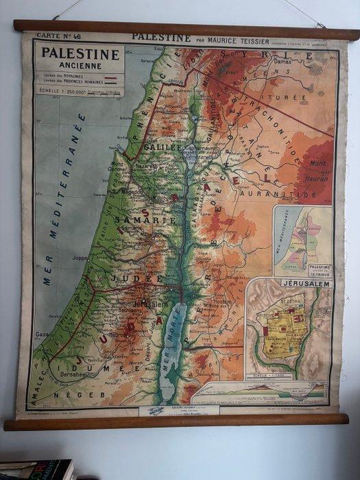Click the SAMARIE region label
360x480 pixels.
click(141, 220)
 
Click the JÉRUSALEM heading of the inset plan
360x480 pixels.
click(296, 283)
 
